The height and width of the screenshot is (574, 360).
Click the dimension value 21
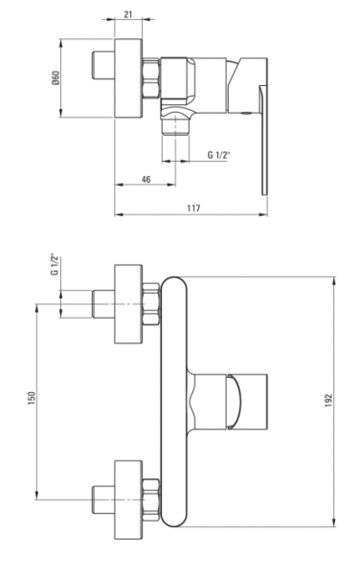click(128, 14)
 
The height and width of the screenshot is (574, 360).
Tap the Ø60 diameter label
click(56, 77)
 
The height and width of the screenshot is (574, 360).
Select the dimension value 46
click(146, 180)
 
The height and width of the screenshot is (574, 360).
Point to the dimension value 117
click(193, 209)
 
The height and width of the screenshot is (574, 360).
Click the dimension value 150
click(32, 398)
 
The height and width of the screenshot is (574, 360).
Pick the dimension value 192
click(328, 401)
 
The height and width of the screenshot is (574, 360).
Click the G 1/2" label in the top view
click(218, 155)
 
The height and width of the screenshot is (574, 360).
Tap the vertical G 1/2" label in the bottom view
click(55, 264)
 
